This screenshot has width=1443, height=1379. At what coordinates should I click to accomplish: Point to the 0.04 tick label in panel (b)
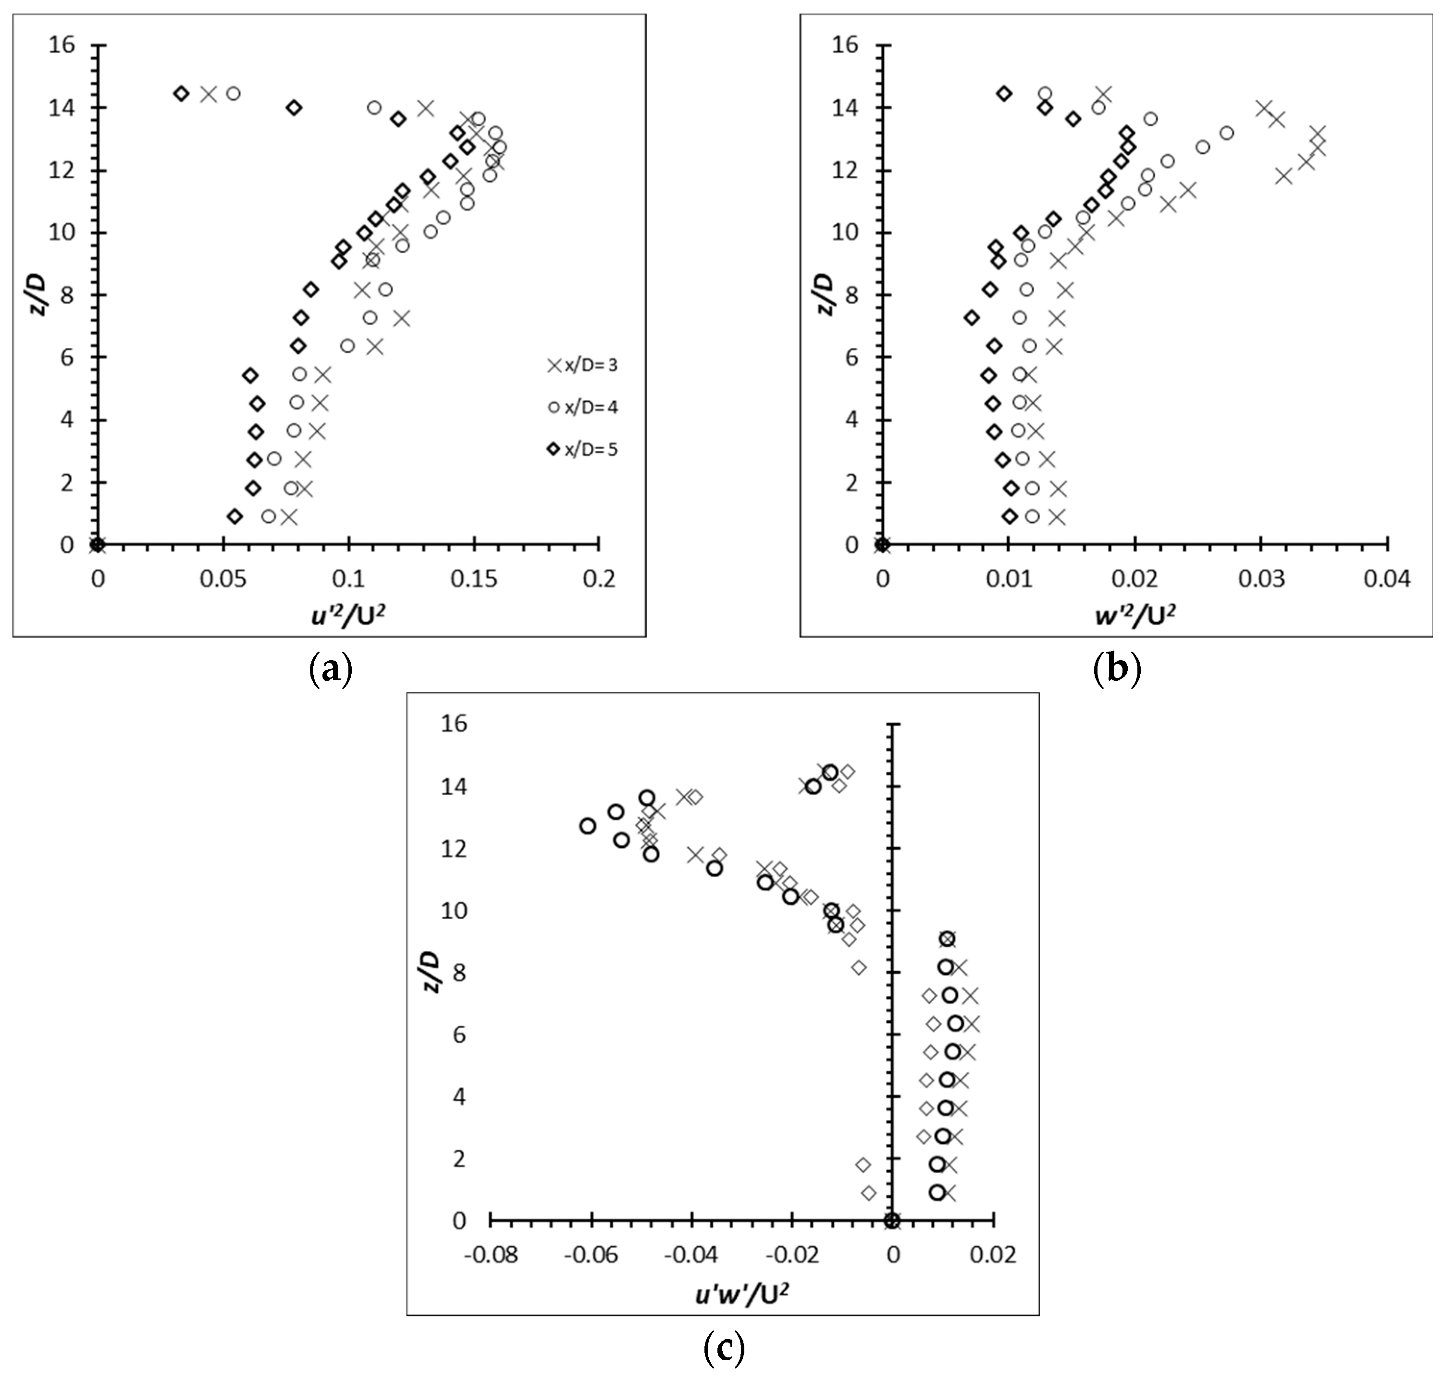click(1386, 580)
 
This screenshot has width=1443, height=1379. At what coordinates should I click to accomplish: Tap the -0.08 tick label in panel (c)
click(490, 1255)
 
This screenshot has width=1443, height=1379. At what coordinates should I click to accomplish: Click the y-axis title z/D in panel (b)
click(825, 294)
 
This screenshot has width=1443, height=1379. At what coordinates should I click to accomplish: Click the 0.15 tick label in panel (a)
click(473, 580)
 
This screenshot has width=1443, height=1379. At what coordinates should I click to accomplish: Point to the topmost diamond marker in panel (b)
click(1004, 93)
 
